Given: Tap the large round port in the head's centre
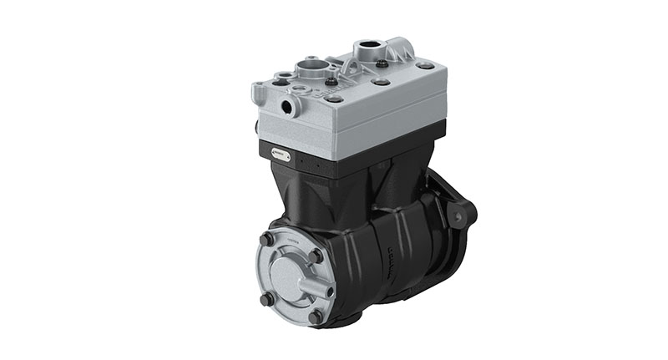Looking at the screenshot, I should point(310,66).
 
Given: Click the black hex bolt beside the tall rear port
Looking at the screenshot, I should point(382,63).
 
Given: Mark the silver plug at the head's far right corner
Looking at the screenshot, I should point(425,65).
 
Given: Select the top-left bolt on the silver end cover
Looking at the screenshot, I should point(266,240).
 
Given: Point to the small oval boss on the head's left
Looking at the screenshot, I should point(283,76).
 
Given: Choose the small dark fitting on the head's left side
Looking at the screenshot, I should point(256,127).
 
